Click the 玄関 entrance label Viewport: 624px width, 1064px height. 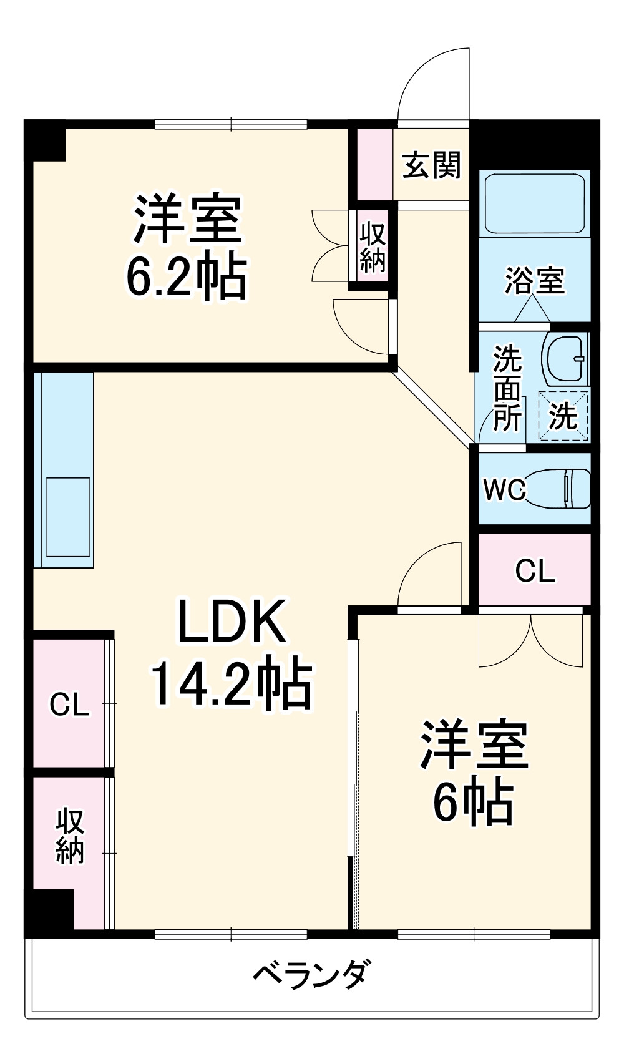pos(431,165)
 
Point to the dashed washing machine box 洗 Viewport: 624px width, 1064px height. pos(563,415)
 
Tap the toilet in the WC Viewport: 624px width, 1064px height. pos(557,488)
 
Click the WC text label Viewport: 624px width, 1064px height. pos(504,489)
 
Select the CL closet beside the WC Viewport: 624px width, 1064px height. pos(535,570)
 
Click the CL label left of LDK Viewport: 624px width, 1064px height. pos(69,705)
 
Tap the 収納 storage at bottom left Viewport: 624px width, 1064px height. pos(70,836)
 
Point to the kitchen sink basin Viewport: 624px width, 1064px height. pos(68,516)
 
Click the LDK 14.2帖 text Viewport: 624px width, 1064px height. pos(231,652)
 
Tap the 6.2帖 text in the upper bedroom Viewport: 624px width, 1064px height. pos(187,276)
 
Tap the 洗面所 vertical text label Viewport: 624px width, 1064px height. pos(507,388)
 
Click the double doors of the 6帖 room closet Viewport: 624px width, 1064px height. pos(531,643)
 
